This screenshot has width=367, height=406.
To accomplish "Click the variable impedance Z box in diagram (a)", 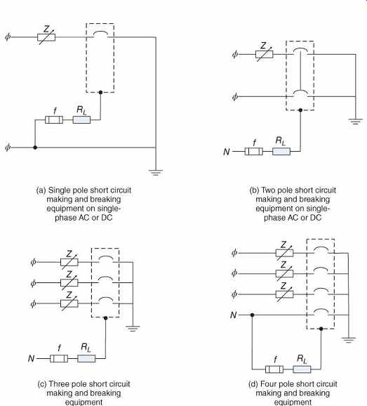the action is point(46,37).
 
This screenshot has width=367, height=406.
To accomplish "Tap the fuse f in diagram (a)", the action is point(54,120).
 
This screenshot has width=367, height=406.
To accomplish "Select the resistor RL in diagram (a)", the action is point(81,120).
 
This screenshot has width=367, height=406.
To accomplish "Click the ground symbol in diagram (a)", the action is point(156,173).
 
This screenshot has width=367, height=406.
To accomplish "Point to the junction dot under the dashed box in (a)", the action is point(100,92).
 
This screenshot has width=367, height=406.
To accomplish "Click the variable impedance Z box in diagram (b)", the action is point(264,54).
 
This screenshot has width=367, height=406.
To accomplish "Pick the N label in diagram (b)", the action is point(227,152).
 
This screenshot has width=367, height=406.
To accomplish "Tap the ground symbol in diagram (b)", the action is point(355,122).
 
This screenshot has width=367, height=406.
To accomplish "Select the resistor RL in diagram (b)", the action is point(281,152).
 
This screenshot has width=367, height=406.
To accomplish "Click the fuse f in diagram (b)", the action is point(254,152).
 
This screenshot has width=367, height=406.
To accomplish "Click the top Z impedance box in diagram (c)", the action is point(69,262).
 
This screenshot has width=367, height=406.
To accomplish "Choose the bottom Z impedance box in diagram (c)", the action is point(69,303).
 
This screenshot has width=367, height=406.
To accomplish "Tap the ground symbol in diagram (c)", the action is point(133,329).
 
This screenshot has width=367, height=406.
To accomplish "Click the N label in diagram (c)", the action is point(31,359).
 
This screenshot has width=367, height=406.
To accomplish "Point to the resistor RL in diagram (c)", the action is point(86,359).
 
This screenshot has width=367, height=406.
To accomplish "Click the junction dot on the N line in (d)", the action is point(252,315).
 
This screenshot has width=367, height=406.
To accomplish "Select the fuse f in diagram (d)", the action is point(274,369).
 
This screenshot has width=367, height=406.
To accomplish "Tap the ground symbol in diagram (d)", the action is point(348,340).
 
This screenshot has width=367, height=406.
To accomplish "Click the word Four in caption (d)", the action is point(267,384).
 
